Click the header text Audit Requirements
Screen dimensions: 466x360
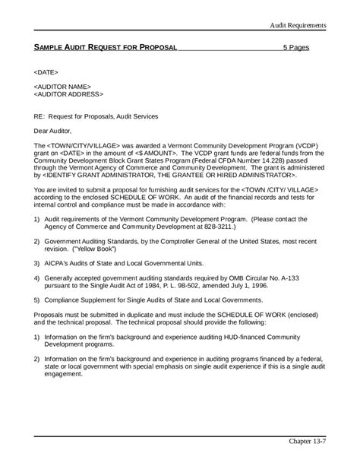(x=298, y=26)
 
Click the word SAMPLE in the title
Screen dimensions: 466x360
(x=51, y=47)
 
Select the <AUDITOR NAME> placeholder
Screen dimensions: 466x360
(x=63, y=87)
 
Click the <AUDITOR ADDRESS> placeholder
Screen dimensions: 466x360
(x=69, y=95)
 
